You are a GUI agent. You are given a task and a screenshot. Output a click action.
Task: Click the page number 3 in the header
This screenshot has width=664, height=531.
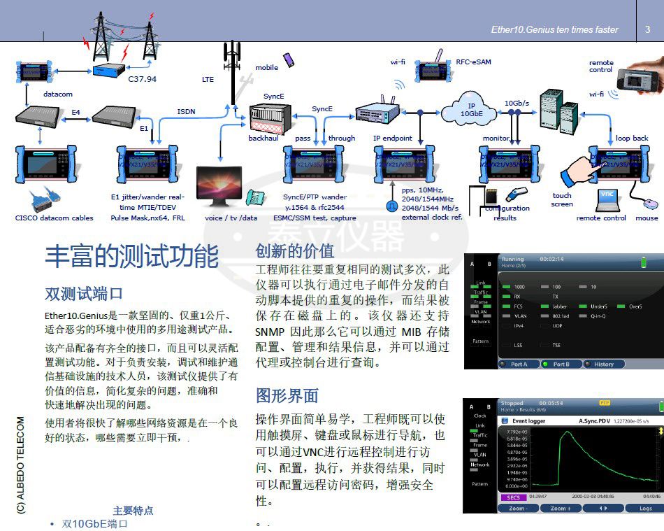(x=647, y=29)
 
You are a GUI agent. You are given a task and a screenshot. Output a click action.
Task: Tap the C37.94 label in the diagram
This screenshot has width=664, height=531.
(x=142, y=79)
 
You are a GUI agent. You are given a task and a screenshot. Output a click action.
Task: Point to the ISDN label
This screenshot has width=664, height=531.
(x=186, y=111)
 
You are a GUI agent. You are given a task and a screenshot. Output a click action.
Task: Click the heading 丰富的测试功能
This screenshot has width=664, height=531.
(x=132, y=257)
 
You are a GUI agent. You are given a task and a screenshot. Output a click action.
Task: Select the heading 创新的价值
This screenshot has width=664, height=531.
(x=295, y=251)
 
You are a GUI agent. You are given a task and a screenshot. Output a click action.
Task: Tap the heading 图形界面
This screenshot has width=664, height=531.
(x=287, y=395)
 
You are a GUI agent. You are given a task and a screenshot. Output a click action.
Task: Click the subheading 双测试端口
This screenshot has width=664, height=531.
(x=84, y=293)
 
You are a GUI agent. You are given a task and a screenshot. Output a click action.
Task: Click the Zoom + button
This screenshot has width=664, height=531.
(x=560, y=508)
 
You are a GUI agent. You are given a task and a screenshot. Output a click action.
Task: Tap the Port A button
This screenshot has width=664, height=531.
(x=519, y=364)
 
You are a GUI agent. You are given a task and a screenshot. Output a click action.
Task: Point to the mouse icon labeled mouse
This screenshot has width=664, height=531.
(x=650, y=204)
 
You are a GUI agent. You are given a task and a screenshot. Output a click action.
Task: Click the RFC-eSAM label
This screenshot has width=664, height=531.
(x=473, y=62)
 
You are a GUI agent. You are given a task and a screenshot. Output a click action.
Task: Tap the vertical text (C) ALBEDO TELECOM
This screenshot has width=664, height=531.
(x=21, y=466)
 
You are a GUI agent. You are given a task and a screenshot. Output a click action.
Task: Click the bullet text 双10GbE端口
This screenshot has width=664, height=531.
(x=95, y=523)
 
